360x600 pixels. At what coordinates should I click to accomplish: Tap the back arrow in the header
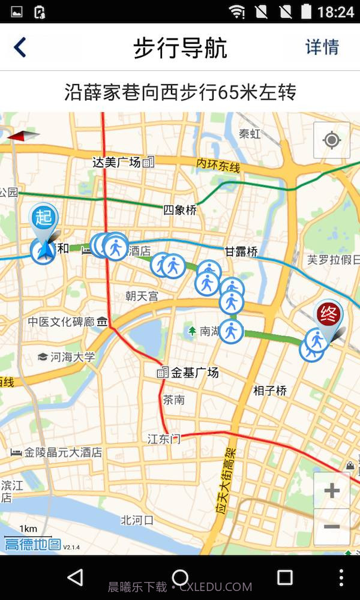tap(20, 47)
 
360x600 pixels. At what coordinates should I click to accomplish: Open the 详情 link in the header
tap(322, 47)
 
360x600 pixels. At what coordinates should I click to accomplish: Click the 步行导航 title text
tap(180, 48)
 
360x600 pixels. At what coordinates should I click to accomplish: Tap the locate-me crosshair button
tap(331, 140)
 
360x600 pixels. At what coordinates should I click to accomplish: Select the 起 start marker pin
tap(44, 217)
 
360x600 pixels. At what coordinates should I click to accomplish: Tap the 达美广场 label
tap(116, 162)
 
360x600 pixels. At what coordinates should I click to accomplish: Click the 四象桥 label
tap(179, 211)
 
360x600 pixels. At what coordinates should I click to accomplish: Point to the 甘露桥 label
tap(241, 252)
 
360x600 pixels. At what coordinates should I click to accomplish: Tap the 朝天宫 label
tap(142, 296)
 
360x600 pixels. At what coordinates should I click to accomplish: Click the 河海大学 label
tap(73, 357)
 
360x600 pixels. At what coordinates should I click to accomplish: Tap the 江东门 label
tap(164, 439)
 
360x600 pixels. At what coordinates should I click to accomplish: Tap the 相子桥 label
tap(270, 391)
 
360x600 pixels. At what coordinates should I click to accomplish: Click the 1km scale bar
tap(28, 533)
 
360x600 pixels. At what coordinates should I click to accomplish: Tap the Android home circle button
tap(180, 578)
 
